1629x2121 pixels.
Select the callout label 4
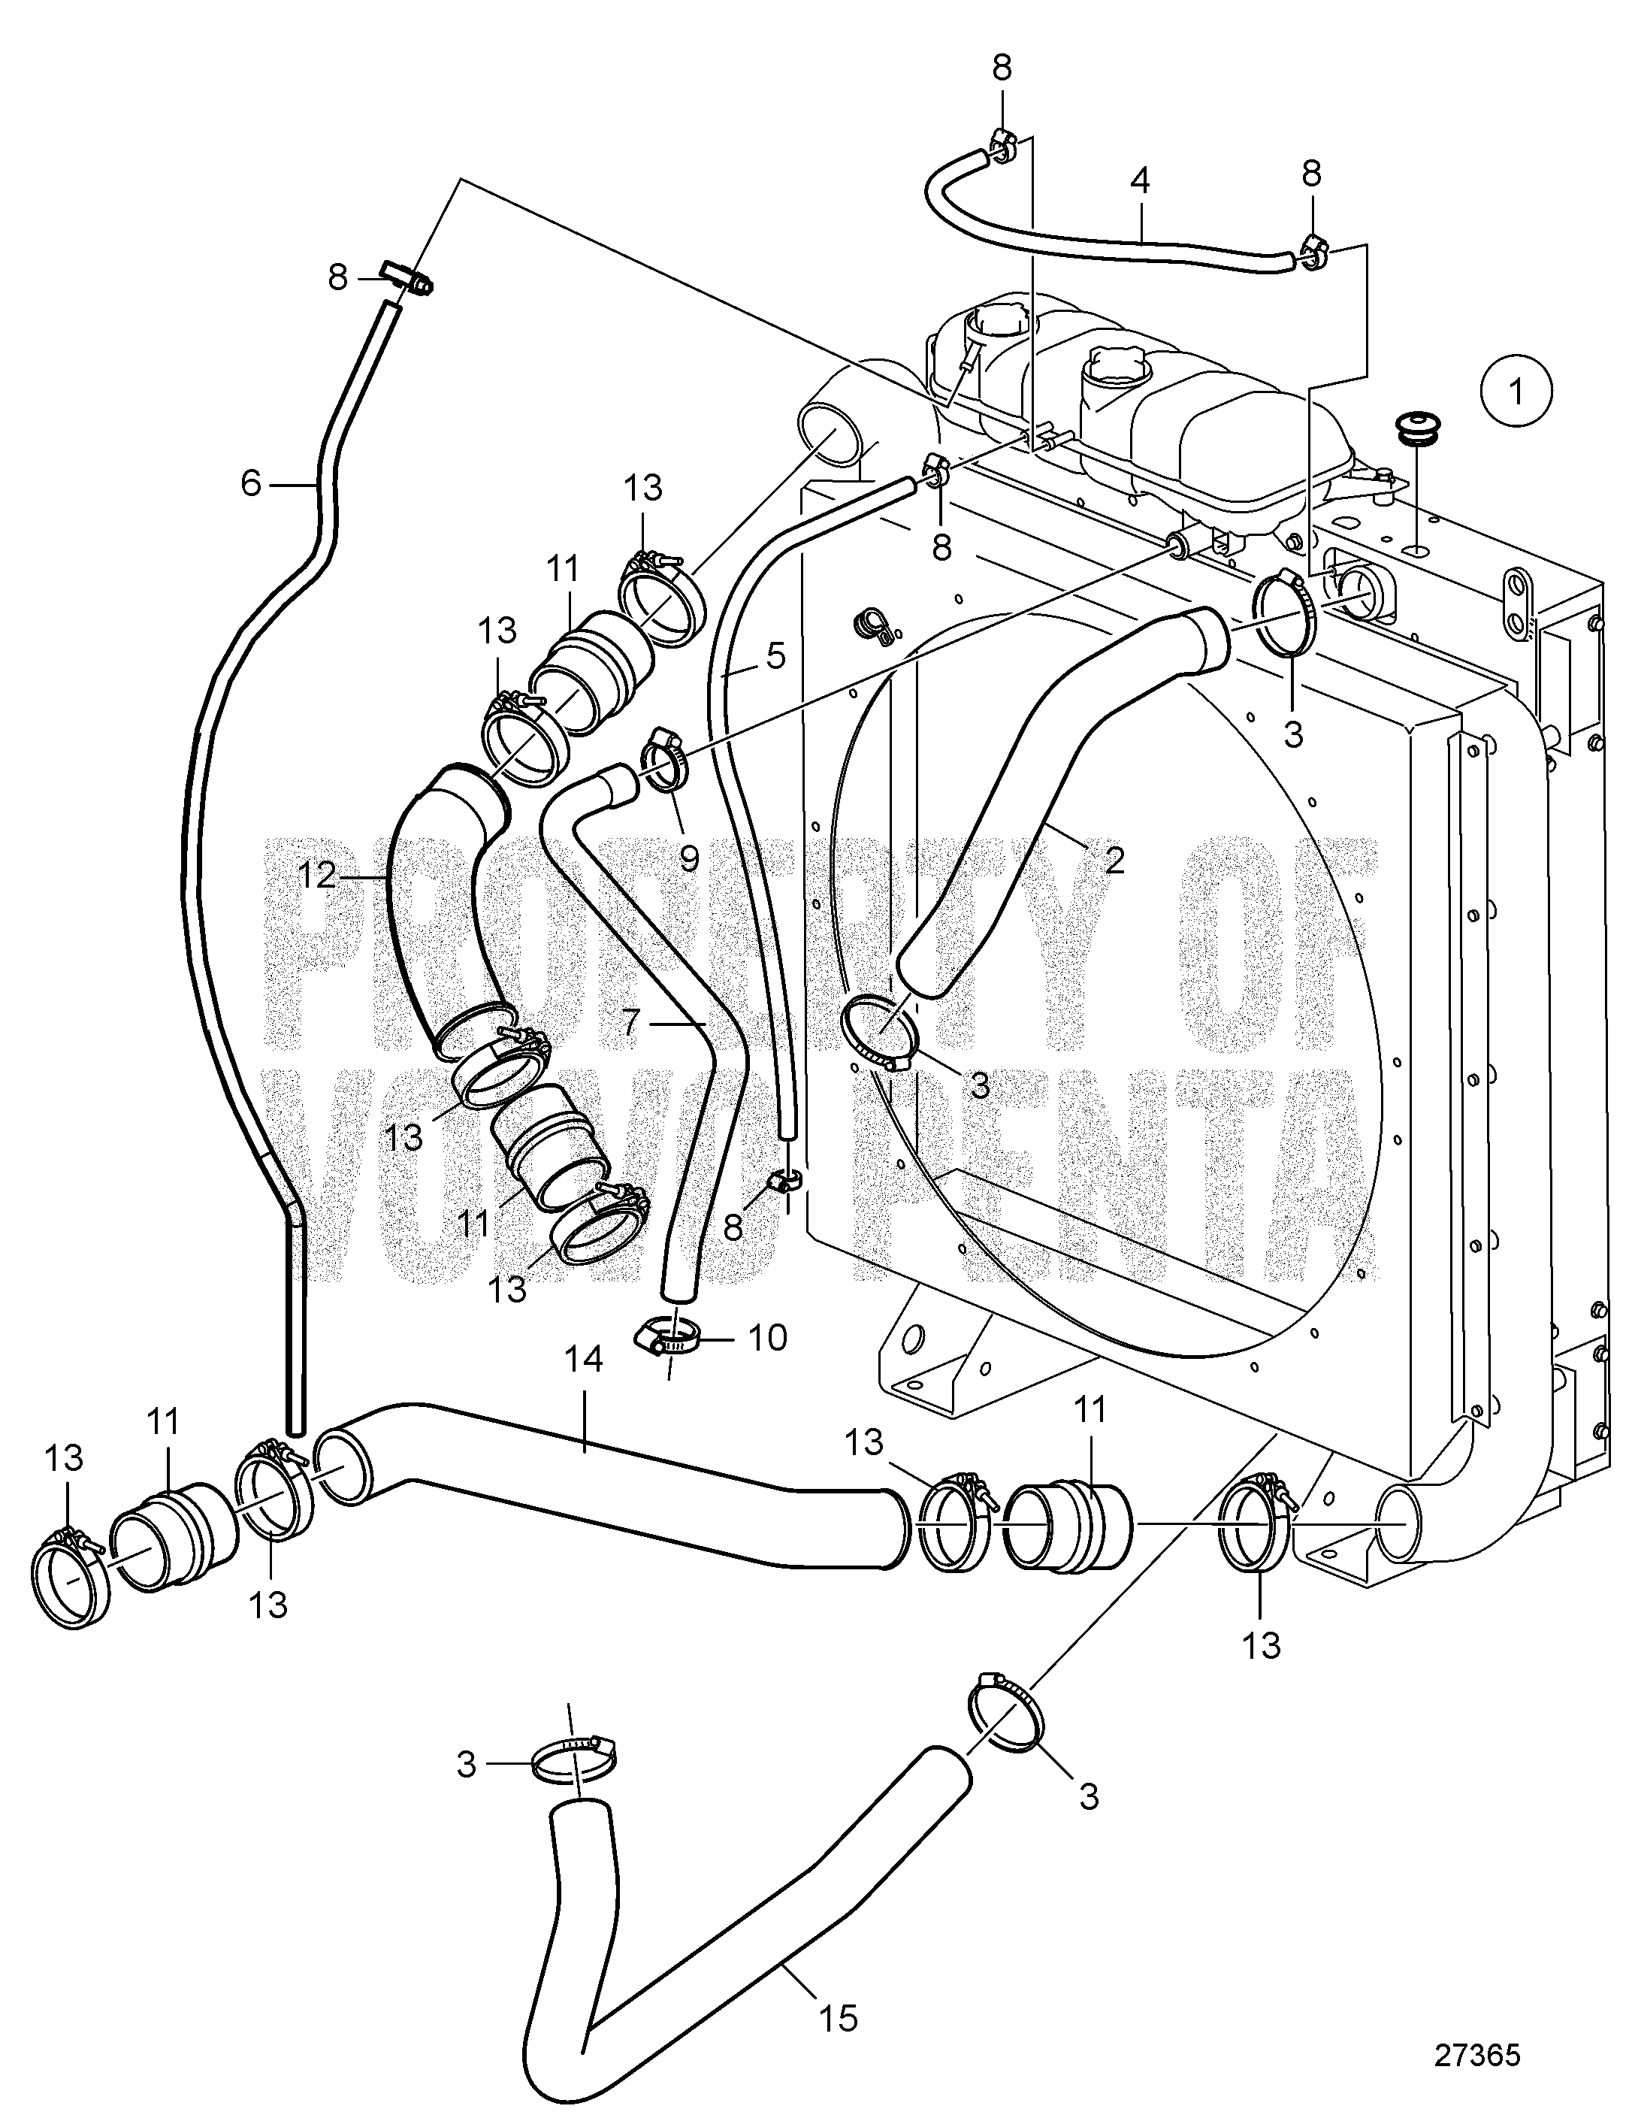point(1139,181)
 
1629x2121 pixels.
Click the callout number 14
point(585,1359)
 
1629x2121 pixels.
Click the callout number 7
point(630,1022)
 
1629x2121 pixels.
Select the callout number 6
point(251,482)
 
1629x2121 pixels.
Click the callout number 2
point(1114,858)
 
